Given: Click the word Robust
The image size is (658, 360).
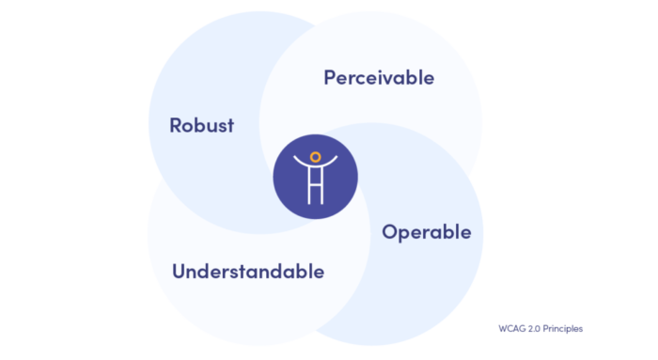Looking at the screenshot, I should (201, 125).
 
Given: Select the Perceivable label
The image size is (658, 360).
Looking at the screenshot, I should (379, 77).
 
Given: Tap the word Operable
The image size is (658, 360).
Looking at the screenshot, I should (426, 232).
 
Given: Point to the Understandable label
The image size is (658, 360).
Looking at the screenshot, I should (248, 272).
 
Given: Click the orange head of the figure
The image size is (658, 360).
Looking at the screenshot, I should (316, 157).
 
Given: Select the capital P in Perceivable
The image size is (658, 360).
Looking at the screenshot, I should (330, 77).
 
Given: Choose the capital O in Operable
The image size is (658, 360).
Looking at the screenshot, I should (389, 231).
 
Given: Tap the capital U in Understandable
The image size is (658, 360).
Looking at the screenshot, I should (179, 272).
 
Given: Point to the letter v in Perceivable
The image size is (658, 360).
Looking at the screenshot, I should (387, 77).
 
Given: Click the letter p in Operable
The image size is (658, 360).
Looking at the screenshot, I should (404, 234).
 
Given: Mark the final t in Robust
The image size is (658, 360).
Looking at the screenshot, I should (230, 125).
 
